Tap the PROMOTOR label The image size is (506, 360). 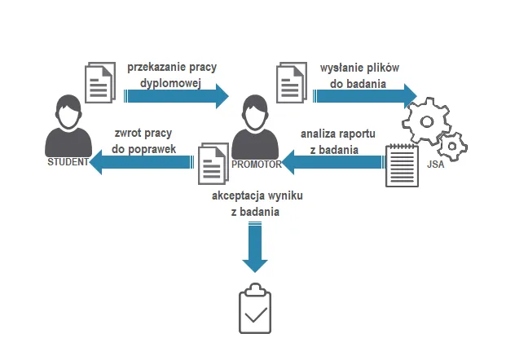[x=256, y=165]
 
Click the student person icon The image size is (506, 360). [x=67, y=126]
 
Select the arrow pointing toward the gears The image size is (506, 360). [x=366, y=95]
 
